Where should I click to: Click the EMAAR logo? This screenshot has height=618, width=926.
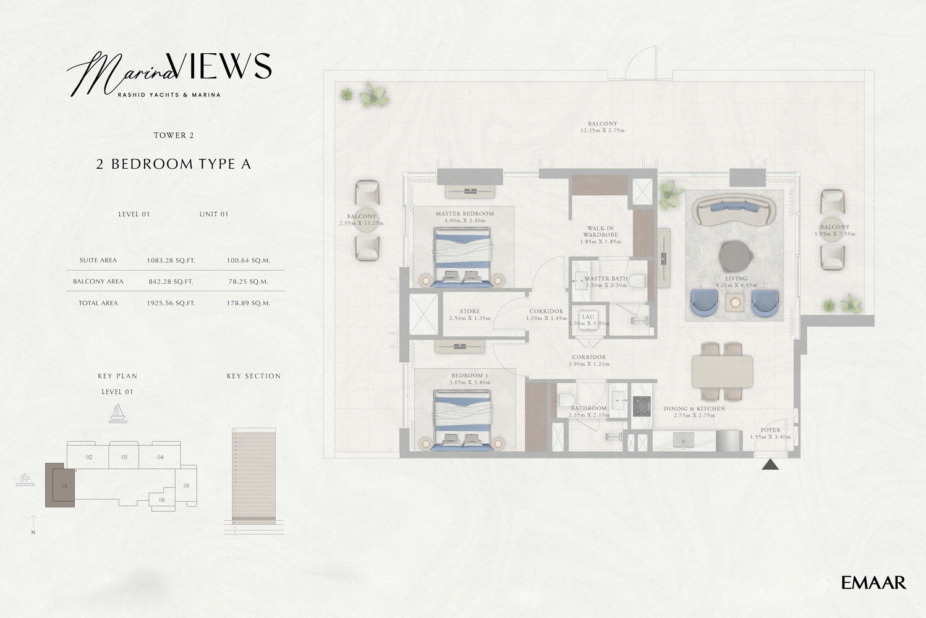(873, 582)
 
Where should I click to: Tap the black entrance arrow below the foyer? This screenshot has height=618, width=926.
(770, 465)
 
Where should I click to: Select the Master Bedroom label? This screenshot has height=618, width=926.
(464, 214)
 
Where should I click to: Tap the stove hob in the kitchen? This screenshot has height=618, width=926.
(642, 406)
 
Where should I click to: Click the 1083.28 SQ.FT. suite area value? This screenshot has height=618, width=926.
(171, 261)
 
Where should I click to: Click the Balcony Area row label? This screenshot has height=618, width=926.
(98, 282)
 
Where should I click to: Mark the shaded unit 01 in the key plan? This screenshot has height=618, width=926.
(62, 486)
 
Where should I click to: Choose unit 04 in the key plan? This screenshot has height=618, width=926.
(160, 457)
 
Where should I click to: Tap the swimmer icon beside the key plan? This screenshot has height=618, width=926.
(25, 480)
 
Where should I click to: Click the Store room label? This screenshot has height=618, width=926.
(469, 311)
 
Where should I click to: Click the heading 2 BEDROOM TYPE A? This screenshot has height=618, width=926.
(173, 164)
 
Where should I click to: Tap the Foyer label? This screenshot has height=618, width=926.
(770, 430)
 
